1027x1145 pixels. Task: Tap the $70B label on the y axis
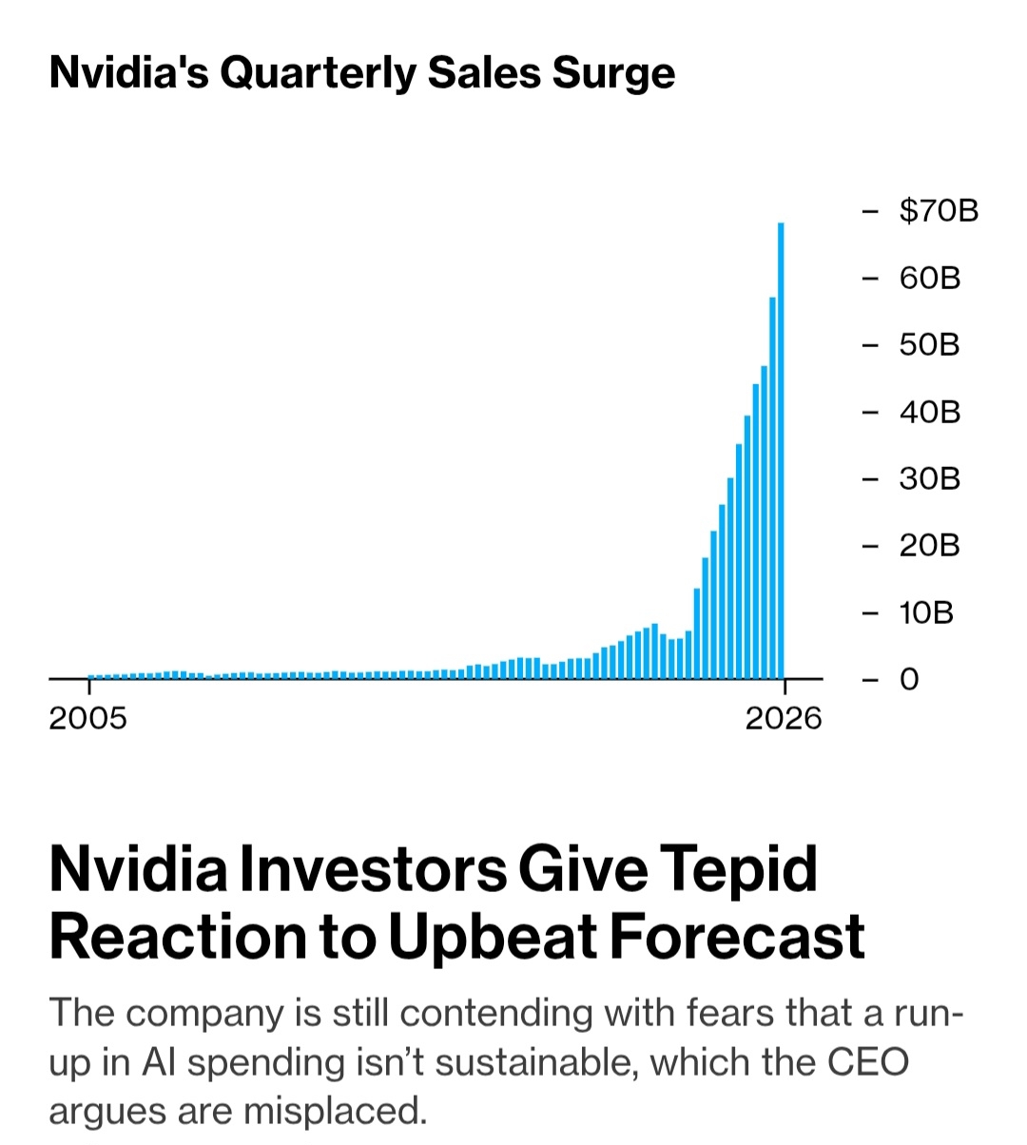pyautogui.click(x=939, y=210)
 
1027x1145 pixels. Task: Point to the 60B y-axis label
pyautogui.click(x=930, y=278)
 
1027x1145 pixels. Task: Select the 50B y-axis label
pyautogui.click(x=930, y=344)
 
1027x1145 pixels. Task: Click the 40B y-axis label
pyautogui.click(x=930, y=412)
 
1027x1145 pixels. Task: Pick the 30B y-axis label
pyautogui.click(x=930, y=478)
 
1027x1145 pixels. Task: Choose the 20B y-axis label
pyautogui.click(x=930, y=545)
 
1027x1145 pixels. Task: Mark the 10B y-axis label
pyautogui.click(x=926, y=612)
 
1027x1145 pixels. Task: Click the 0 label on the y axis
pyautogui.click(x=909, y=679)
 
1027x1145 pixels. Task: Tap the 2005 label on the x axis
pyautogui.click(x=87, y=718)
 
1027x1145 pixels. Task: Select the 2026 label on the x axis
pyautogui.click(x=784, y=718)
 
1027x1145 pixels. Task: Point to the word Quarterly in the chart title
pyautogui.click(x=318, y=73)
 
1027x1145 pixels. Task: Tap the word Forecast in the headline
pyautogui.click(x=737, y=936)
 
